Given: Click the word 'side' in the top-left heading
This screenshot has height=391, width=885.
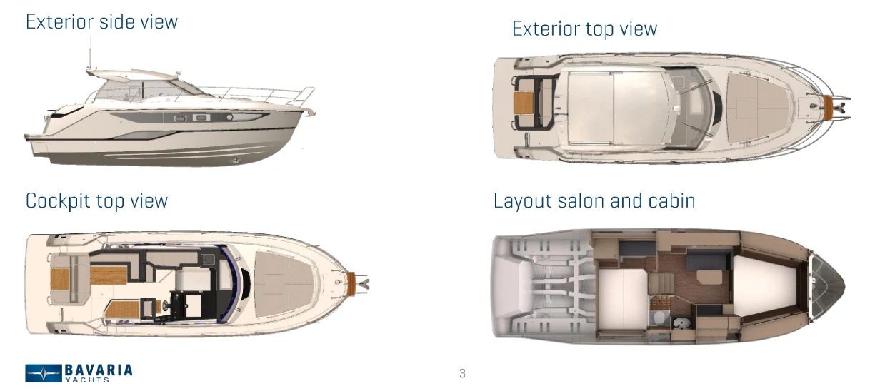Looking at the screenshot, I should point(101,21).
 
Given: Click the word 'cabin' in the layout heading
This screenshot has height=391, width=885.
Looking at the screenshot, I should point(671,200).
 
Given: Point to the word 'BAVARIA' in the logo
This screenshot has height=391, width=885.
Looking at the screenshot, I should point(99,370).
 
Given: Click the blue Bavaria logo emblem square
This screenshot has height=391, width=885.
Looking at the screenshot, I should point(44,373).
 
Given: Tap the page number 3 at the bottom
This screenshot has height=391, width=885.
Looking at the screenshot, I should point(462,373).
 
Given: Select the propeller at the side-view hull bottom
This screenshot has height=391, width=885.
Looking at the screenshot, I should point(236,161).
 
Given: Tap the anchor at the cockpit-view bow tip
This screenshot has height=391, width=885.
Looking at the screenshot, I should point(364,283).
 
